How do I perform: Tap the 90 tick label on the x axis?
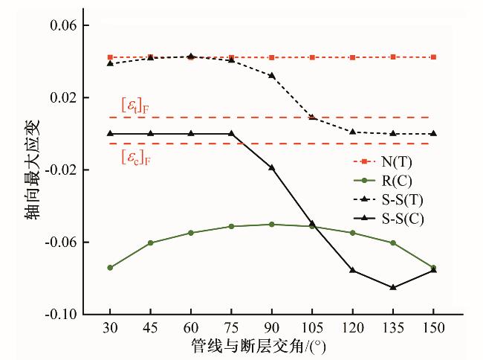click(x=271, y=328)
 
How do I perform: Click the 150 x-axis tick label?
click(x=433, y=328)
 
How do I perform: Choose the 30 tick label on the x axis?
click(x=110, y=328)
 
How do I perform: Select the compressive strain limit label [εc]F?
click(x=135, y=157)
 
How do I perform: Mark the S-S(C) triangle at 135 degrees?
click(x=393, y=287)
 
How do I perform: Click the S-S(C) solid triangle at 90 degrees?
click(x=272, y=167)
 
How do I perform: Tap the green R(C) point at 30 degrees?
click(x=110, y=267)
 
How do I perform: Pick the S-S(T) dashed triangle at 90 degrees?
click(x=272, y=75)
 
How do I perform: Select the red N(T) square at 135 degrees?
click(x=393, y=57)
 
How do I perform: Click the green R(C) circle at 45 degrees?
click(x=151, y=242)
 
